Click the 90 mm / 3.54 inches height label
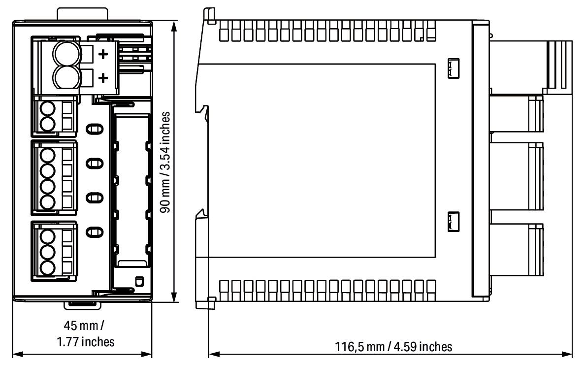(x=166, y=161)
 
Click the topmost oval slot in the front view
(x=94, y=129)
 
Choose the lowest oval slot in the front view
(x=94, y=231)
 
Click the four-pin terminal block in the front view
(x=54, y=178)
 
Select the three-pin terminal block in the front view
(x=54, y=248)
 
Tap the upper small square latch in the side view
(x=453, y=68)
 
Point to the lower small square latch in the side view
(x=453, y=221)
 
